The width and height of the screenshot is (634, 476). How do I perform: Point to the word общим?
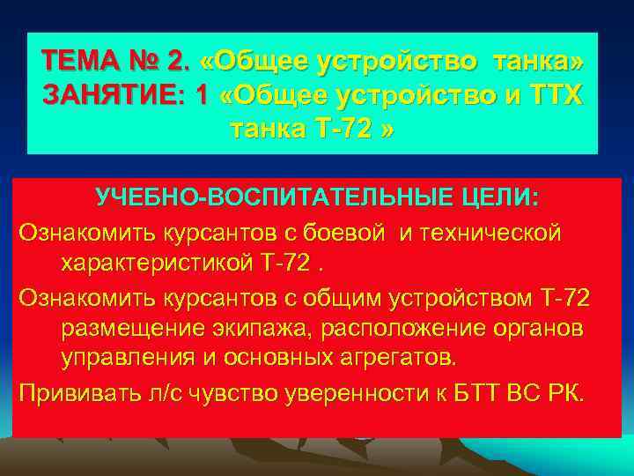pos(346,298)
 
